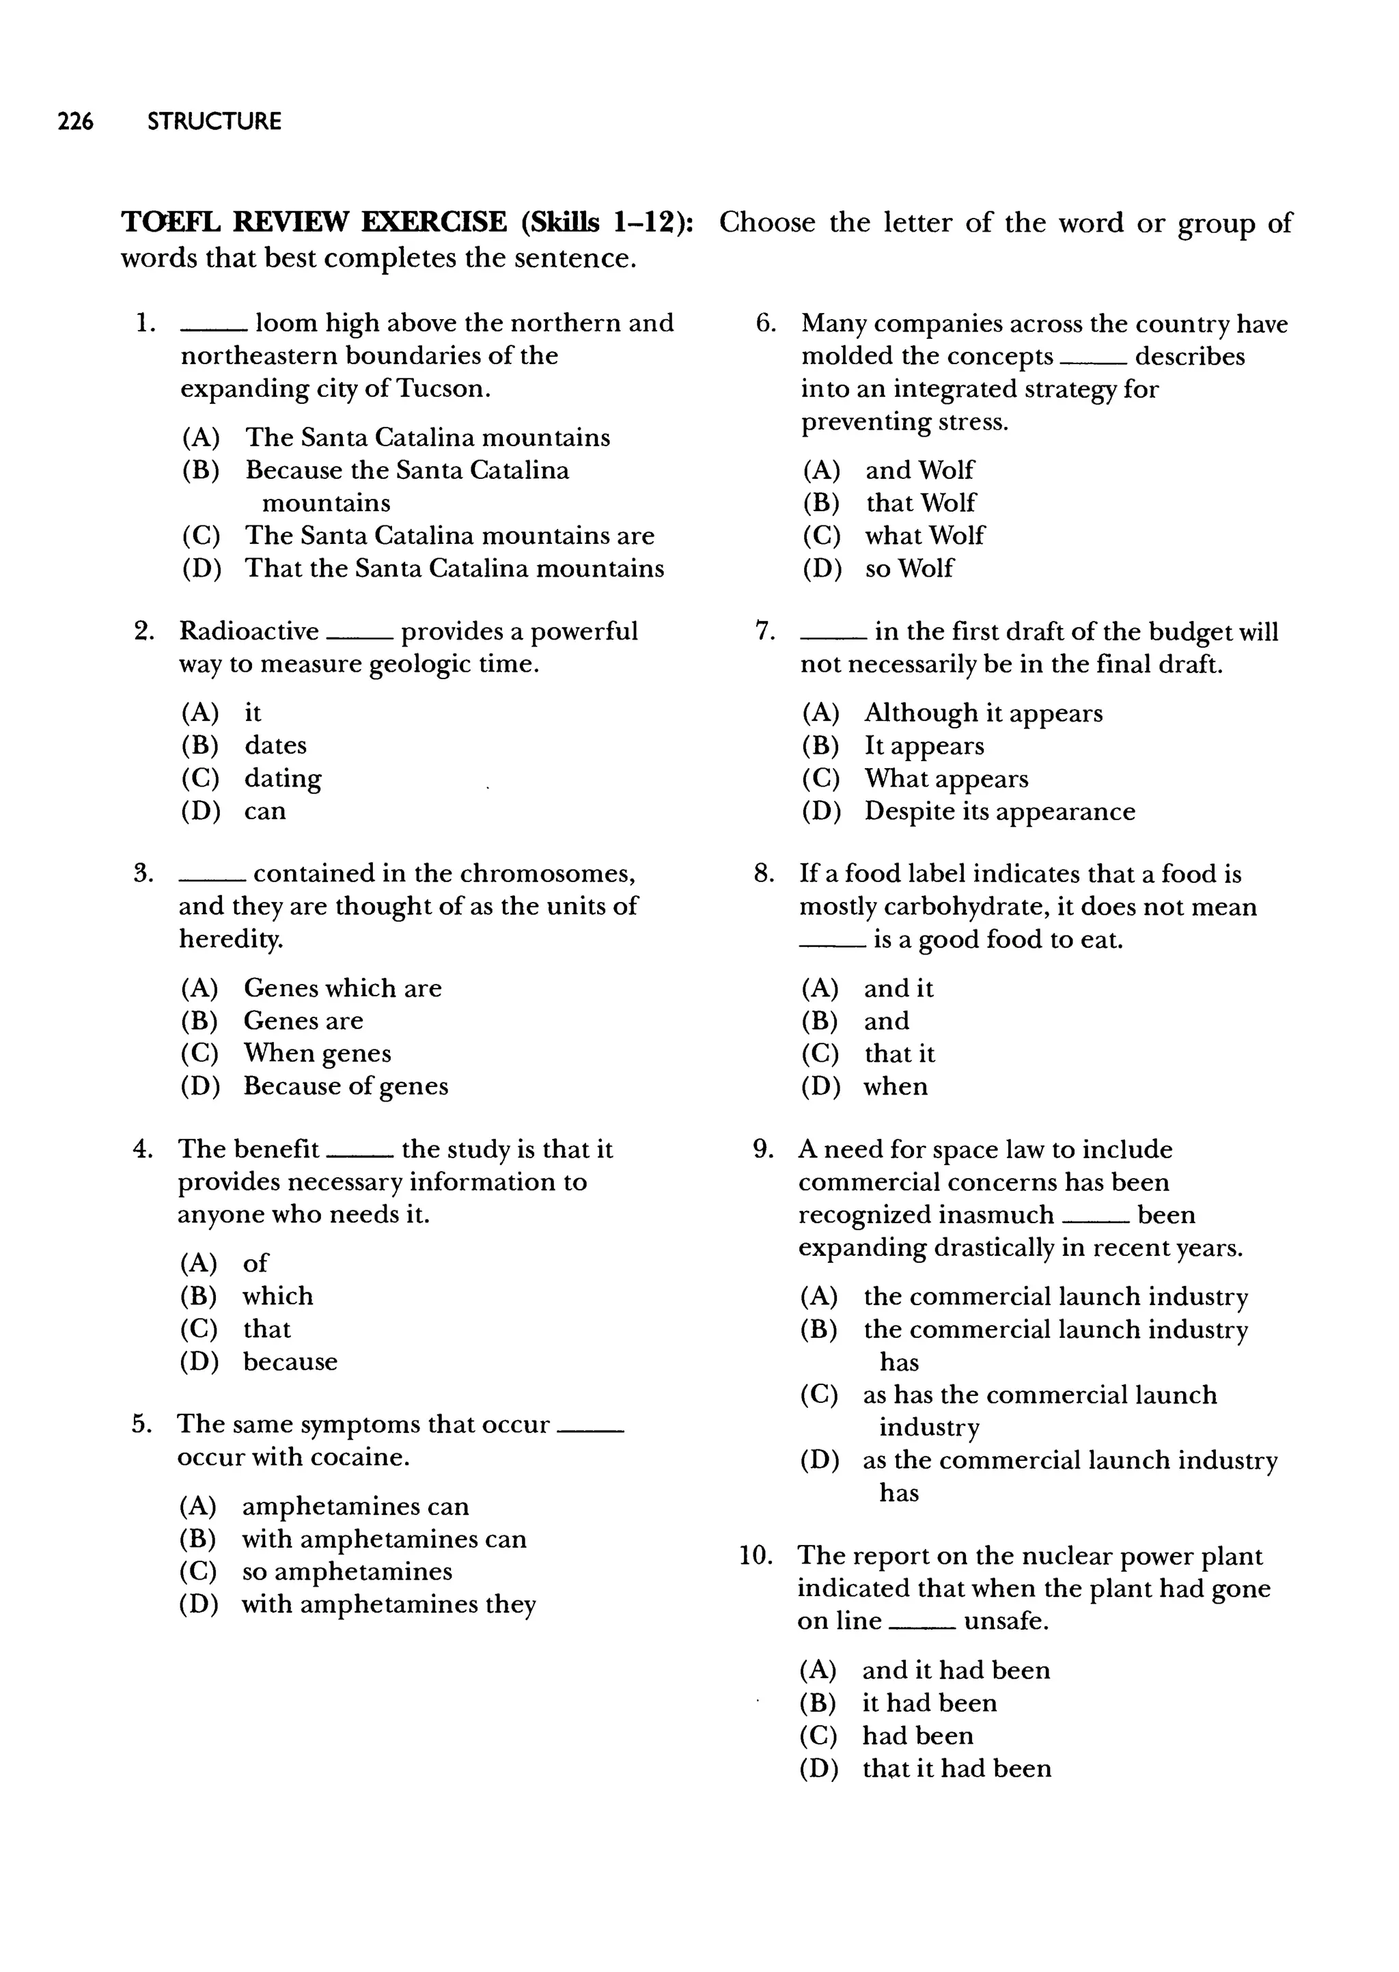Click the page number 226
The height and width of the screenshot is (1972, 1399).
coord(75,122)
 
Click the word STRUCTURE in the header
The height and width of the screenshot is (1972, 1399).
coord(214,122)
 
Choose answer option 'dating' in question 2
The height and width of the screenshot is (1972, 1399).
coord(283,779)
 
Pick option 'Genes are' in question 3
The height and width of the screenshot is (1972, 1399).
coord(303,1021)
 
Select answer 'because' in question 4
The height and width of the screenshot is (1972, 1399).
coord(290,1362)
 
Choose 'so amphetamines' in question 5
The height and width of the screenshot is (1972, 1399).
coord(346,1572)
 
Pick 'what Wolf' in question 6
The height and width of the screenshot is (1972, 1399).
coord(924,536)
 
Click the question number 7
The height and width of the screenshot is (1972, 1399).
coord(763,632)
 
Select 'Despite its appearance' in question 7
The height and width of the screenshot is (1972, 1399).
coord(999,812)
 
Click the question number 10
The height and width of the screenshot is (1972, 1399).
coord(756,1556)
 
